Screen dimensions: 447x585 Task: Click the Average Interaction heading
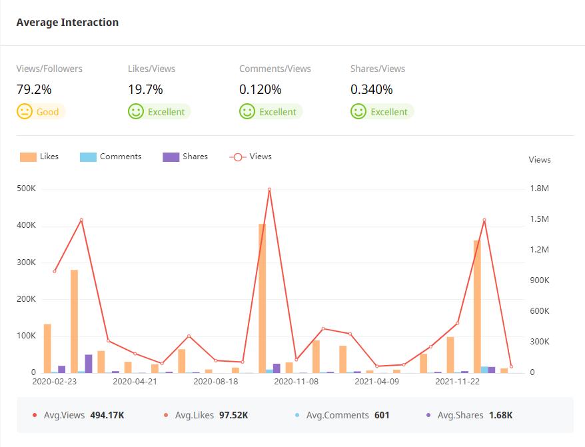click(x=67, y=23)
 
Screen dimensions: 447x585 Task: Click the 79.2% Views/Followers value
click(x=34, y=89)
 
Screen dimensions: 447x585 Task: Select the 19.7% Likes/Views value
click(x=145, y=89)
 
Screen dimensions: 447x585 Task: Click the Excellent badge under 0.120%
click(x=271, y=112)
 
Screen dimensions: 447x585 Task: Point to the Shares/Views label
click(x=378, y=69)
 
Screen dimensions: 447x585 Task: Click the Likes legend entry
click(x=39, y=157)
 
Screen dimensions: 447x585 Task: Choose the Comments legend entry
click(x=111, y=157)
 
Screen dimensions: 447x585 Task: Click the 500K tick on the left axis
click(x=26, y=189)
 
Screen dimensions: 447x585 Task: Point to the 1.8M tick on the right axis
click(x=540, y=189)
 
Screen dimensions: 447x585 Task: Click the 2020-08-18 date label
click(x=215, y=382)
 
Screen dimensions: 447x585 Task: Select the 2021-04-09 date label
click(x=376, y=382)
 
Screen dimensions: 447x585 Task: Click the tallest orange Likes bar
click(x=262, y=298)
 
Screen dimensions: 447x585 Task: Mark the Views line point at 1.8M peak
click(x=269, y=189)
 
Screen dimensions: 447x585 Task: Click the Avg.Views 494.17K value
click(x=107, y=415)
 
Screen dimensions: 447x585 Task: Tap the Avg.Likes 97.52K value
click(x=233, y=415)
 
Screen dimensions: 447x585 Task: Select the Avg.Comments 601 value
click(x=382, y=415)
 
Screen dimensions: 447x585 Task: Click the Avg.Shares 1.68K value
click(x=500, y=415)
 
